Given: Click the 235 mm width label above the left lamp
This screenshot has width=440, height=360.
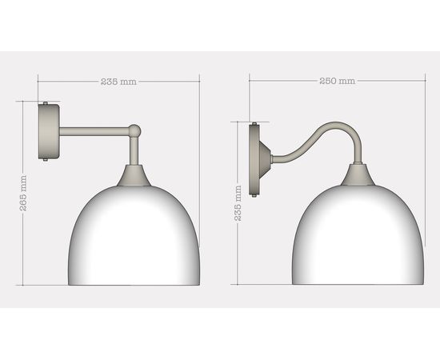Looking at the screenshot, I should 118,82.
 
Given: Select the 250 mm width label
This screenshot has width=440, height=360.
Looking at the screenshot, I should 337,81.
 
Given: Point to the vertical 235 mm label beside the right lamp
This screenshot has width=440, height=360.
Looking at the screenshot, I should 238,203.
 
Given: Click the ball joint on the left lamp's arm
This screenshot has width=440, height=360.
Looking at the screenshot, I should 135,129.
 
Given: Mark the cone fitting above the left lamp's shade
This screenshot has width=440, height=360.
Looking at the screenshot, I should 134,176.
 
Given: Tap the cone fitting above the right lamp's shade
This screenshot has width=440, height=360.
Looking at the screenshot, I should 358,176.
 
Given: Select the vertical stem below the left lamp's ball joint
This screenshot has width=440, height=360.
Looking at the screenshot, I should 134,150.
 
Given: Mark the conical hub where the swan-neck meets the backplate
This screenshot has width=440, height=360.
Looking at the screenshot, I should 267,159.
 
